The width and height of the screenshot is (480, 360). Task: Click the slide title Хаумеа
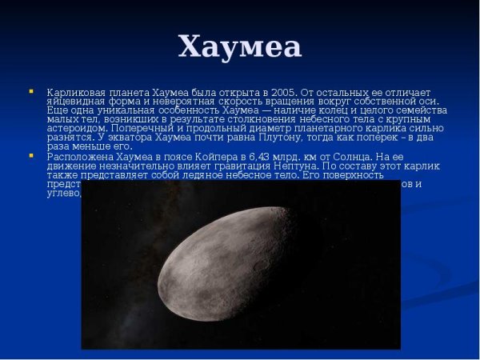[240, 46]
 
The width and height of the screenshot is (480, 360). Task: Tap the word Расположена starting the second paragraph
[79, 156]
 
